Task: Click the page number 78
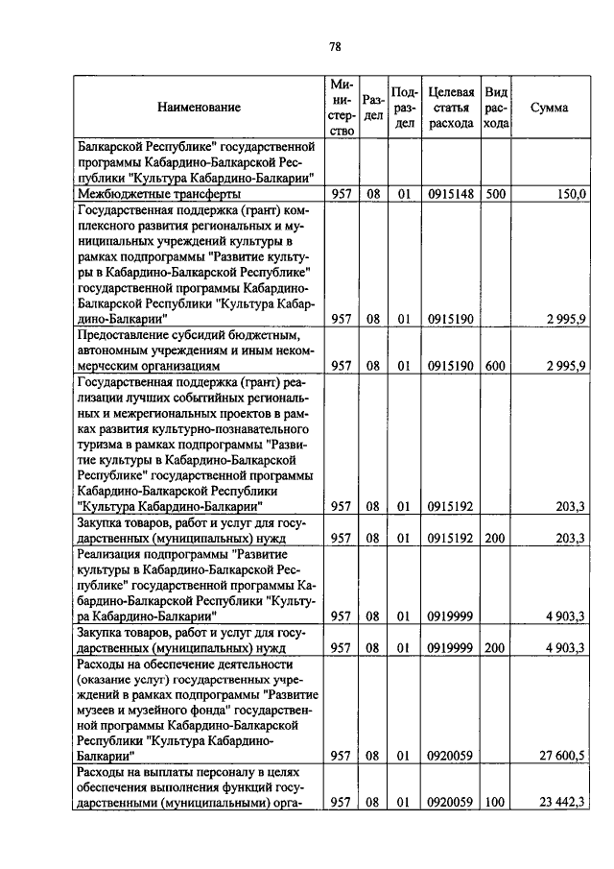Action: pyautogui.click(x=335, y=46)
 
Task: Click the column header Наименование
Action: pyautogui.click(x=200, y=108)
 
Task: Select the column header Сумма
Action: pyautogui.click(x=549, y=108)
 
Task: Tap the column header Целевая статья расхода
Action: pyautogui.click(x=451, y=108)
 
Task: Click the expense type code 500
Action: pyautogui.click(x=495, y=194)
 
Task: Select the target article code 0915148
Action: pyautogui.click(x=451, y=194)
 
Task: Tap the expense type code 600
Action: pyautogui.click(x=495, y=366)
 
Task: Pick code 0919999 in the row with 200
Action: pyautogui.click(x=451, y=648)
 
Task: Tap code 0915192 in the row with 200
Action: pyautogui.click(x=451, y=538)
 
